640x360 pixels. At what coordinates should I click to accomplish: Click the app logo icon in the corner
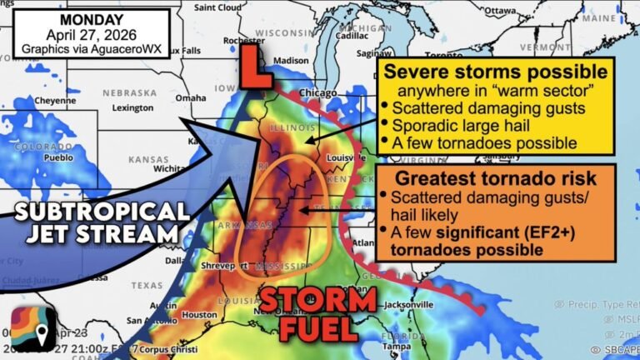click(33, 328)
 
